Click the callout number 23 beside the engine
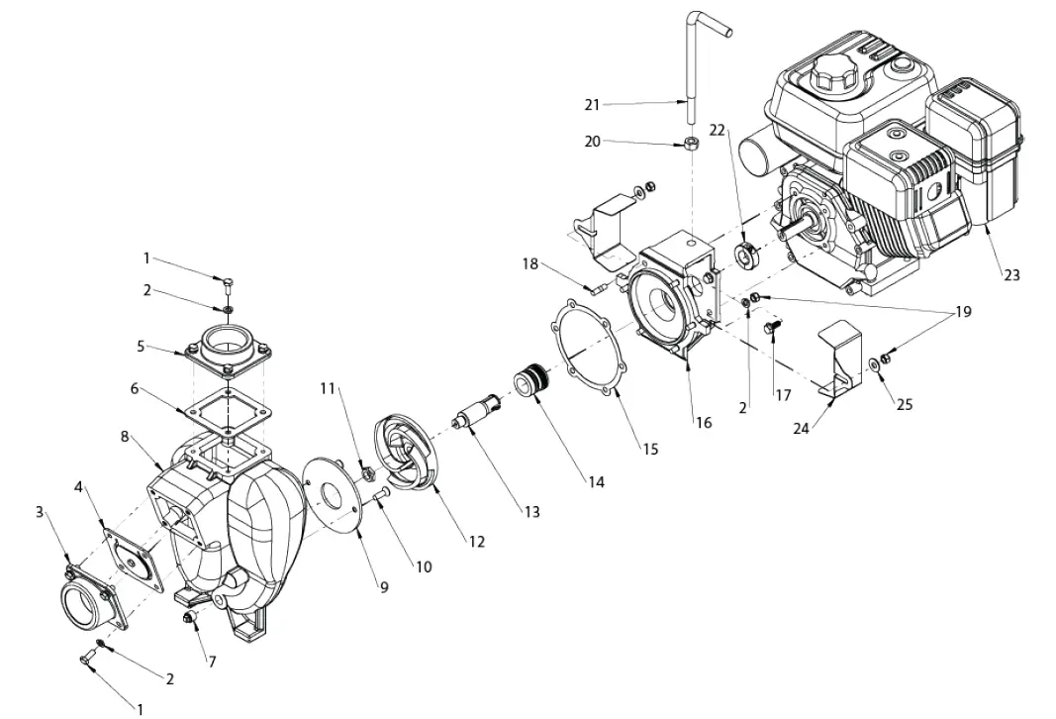(x=1010, y=275)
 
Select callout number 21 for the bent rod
(x=592, y=104)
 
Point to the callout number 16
(x=703, y=423)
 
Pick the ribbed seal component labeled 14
(x=532, y=382)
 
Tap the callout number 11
(x=328, y=388)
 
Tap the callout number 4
(x=78, y=486)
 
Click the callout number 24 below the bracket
(x=803, y=430)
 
